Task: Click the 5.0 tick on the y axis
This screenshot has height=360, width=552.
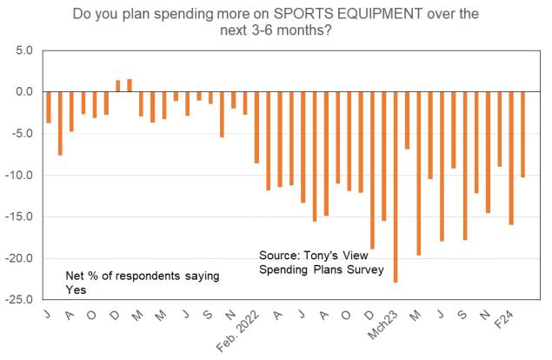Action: pos(22,50)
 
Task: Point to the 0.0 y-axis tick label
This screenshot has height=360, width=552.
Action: pos(22,91)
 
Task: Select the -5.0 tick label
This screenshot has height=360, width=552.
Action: pos(20,133)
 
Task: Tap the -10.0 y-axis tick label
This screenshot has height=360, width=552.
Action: pos(17,175)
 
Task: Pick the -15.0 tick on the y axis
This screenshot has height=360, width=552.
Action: pos(17,217)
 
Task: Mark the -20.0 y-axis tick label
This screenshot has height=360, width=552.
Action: pos(17,258)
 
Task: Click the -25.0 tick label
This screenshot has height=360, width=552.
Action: pos(17,300)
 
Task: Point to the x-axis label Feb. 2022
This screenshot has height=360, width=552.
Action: pos(242,328)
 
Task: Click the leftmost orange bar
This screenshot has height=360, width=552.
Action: pos(50,107)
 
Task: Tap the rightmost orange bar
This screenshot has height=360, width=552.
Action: pos(522,134)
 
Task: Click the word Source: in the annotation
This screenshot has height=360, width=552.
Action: pos(280,257)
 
